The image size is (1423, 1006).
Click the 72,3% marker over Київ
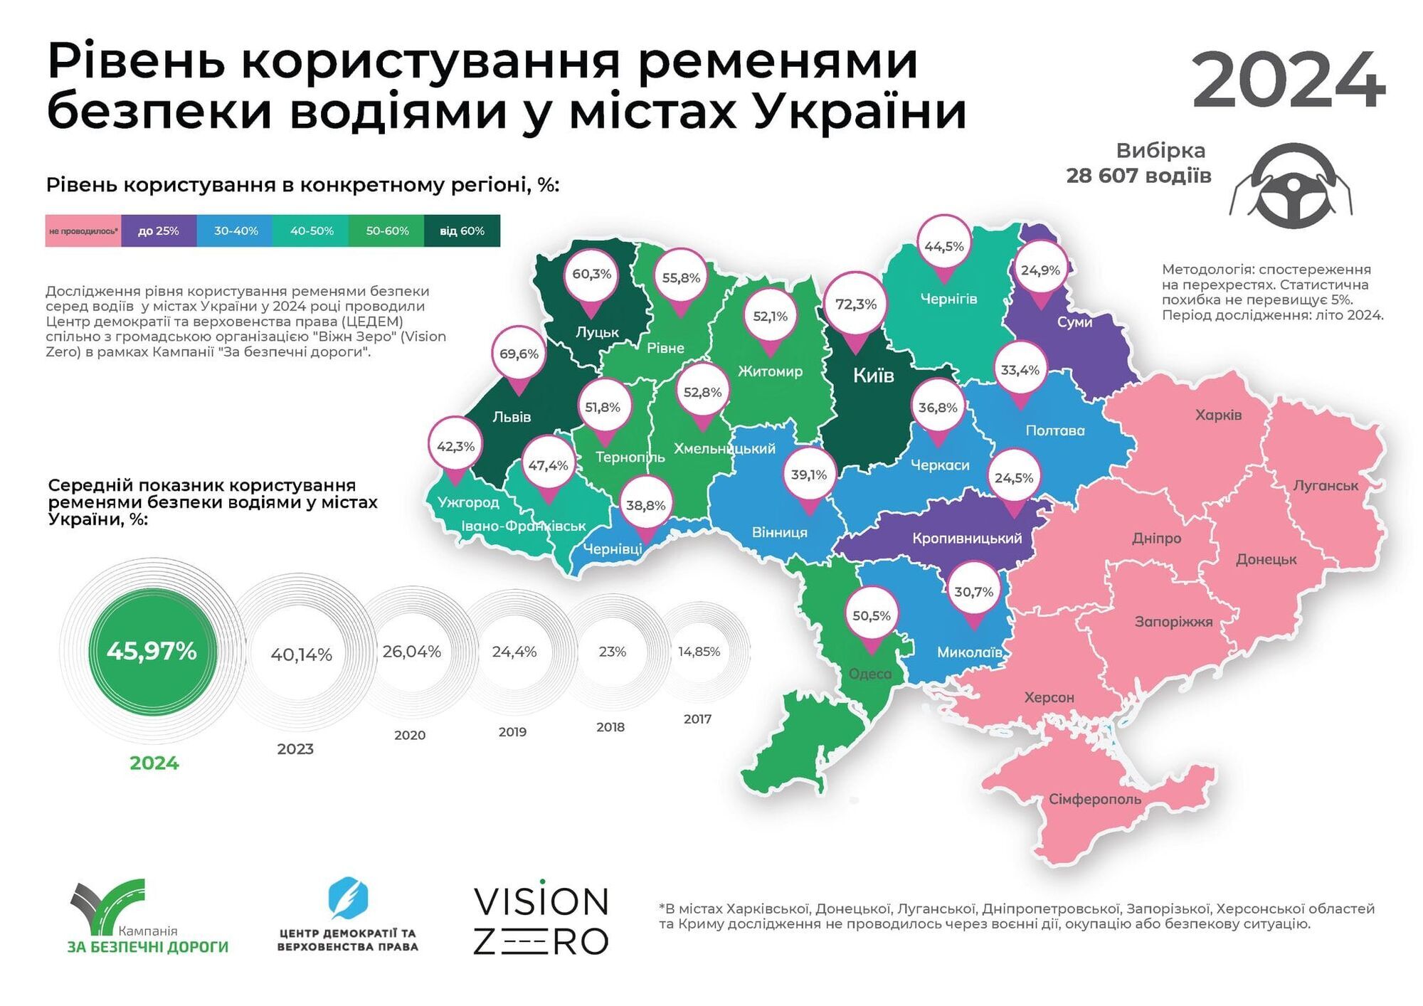pyautogui.click(x=855, y=305)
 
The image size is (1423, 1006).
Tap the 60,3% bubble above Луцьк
pyautogui.click(x=591, y=274)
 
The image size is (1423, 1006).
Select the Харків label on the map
pyautogui.click(x=1218, y=415)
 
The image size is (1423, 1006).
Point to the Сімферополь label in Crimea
pyautogui.click(x=1094, y=799)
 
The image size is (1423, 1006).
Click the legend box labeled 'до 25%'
pyautogui.click(x=158, y=231)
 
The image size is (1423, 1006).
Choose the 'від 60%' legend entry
pyautogui.click(x=462, y=231)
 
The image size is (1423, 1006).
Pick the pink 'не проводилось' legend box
pyautogui.click(x=83, y=231)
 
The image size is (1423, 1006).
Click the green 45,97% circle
pyautogui.click(x=152, y=651)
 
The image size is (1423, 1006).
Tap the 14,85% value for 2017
pyautogui.click(x=699, y=652)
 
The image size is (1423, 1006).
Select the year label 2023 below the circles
pyautogui.click(x=295, y=748)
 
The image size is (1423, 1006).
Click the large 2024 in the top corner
pyautogui.click(x=1288, y=80)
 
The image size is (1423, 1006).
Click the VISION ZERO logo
pyautogui.click(x=541, y=920)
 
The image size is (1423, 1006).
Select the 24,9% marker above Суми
pyautogui.click(x=1040, y=270)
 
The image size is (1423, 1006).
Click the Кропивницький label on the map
pyautogui.click(x=967, y=539)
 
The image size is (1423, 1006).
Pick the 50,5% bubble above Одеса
pyautogui.click(x=871, y=615)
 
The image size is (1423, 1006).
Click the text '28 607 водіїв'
pyautogui.click(x=1138, y=176)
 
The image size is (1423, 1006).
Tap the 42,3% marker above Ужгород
pyautogui.click(x=455, y=447)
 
